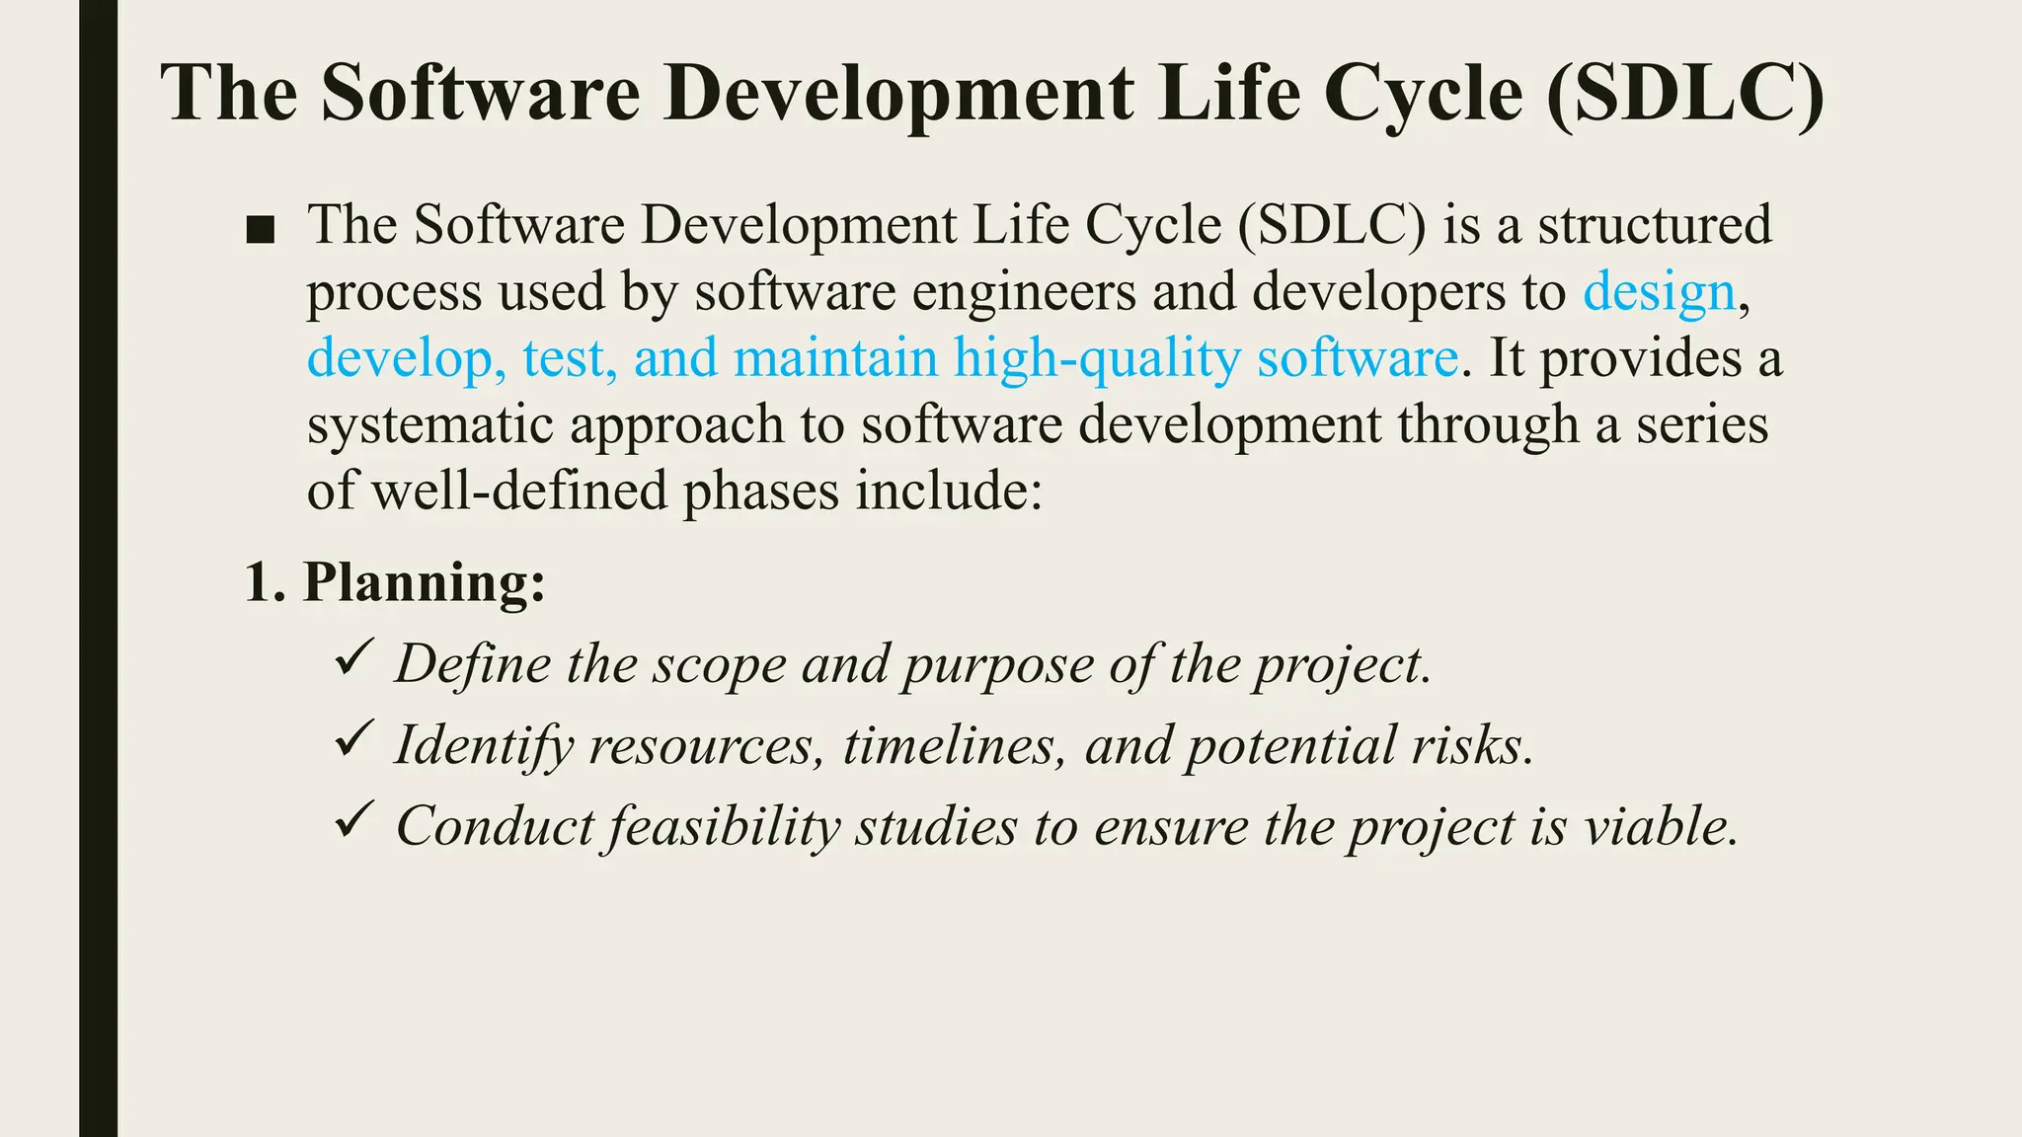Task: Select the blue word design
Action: click(x=1659, y=293)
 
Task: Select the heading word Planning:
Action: click(x=424, y=582)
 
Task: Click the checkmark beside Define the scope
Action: click(x=352, y=657)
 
